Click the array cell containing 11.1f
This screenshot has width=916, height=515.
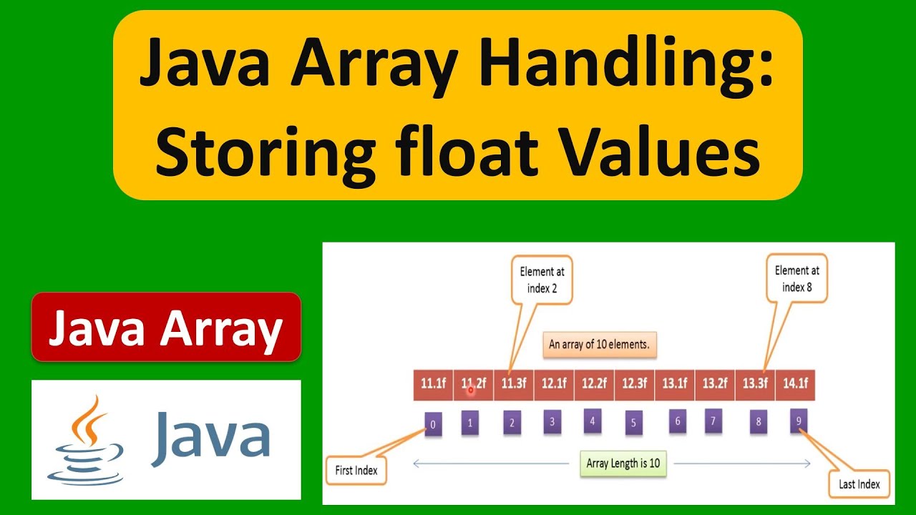point(433,384)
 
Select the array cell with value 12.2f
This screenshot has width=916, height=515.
point(593,384)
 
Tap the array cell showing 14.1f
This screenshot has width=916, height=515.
point(795,384)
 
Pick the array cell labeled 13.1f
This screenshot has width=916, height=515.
point(674,384)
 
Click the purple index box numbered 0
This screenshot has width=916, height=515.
point(432,424)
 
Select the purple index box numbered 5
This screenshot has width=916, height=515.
point(633,423)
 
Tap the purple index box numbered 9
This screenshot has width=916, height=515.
point(799,421)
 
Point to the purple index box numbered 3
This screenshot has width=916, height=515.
point(552,421)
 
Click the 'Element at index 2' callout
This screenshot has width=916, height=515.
point(542,280)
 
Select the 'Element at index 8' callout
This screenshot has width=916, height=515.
point(796,279)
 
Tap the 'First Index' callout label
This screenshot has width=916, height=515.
point(356,471)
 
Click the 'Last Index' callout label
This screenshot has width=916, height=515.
point(859,484)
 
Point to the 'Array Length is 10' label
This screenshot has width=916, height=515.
point(622,463)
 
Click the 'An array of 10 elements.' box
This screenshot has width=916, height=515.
point(599,344)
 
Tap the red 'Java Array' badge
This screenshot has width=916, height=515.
point(166,327)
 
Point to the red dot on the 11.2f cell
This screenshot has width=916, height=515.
point(470,390)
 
